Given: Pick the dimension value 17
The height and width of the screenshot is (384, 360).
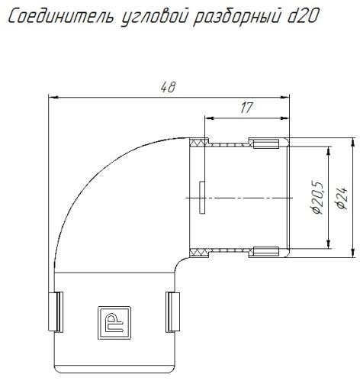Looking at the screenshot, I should point(246,108).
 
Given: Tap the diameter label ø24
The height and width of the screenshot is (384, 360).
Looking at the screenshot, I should point(342,197).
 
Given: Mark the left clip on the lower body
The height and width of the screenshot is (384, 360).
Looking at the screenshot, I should point(54,311).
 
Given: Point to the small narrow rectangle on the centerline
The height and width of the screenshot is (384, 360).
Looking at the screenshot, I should point(199,197).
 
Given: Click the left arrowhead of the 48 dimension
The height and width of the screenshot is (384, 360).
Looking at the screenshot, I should point(52,96).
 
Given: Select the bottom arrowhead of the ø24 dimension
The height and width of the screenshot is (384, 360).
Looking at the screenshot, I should point(352,253).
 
